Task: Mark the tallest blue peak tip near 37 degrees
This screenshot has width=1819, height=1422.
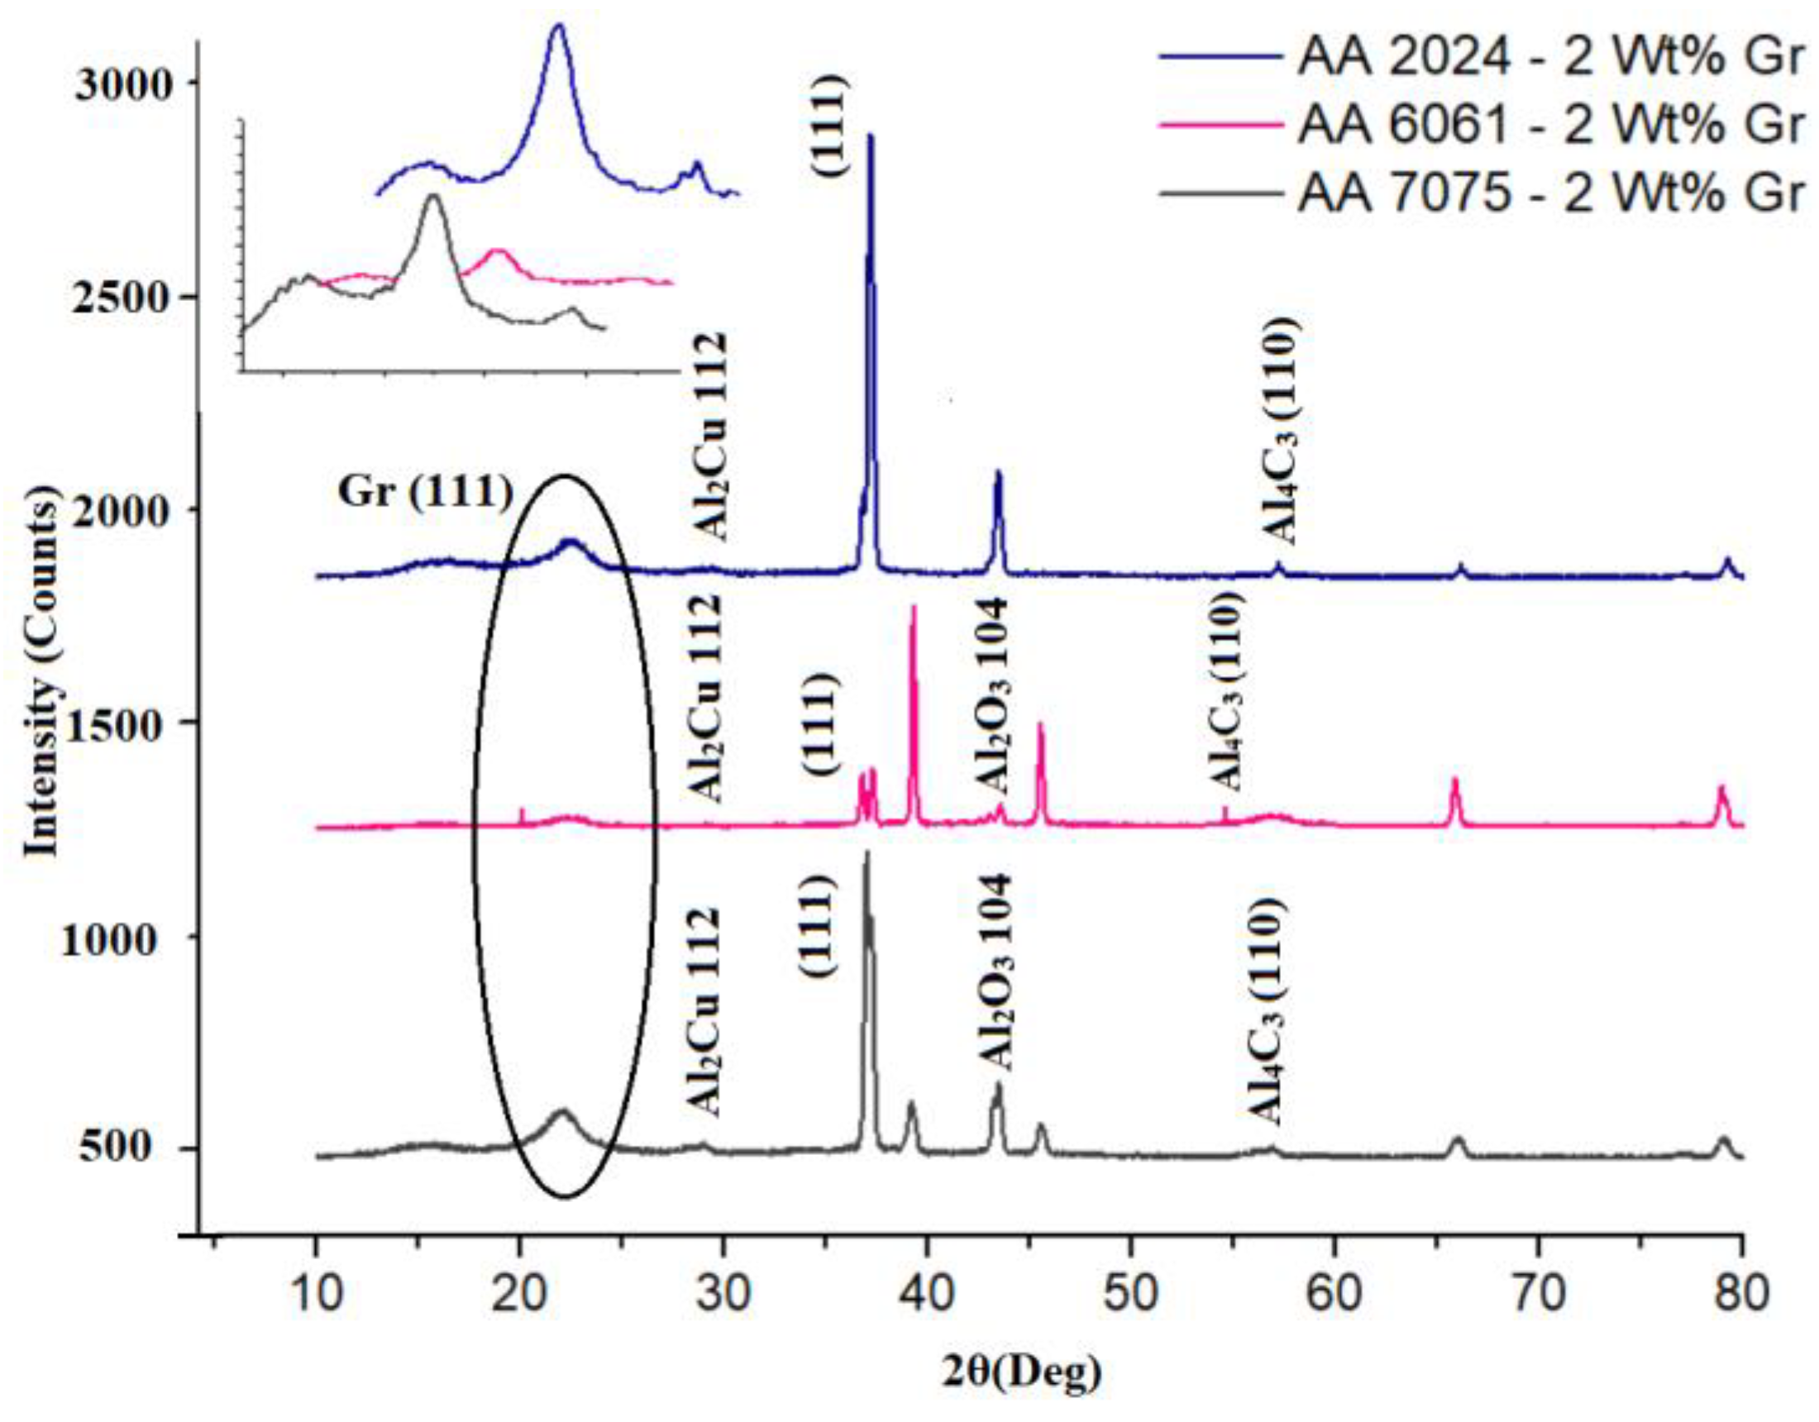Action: (x=871, y=135)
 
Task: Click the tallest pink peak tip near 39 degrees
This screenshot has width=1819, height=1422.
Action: (x=914, y=607)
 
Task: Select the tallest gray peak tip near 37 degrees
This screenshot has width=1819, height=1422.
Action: (x=867, y=852)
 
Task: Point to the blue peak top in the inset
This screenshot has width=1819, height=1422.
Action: (x=558, y=25)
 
